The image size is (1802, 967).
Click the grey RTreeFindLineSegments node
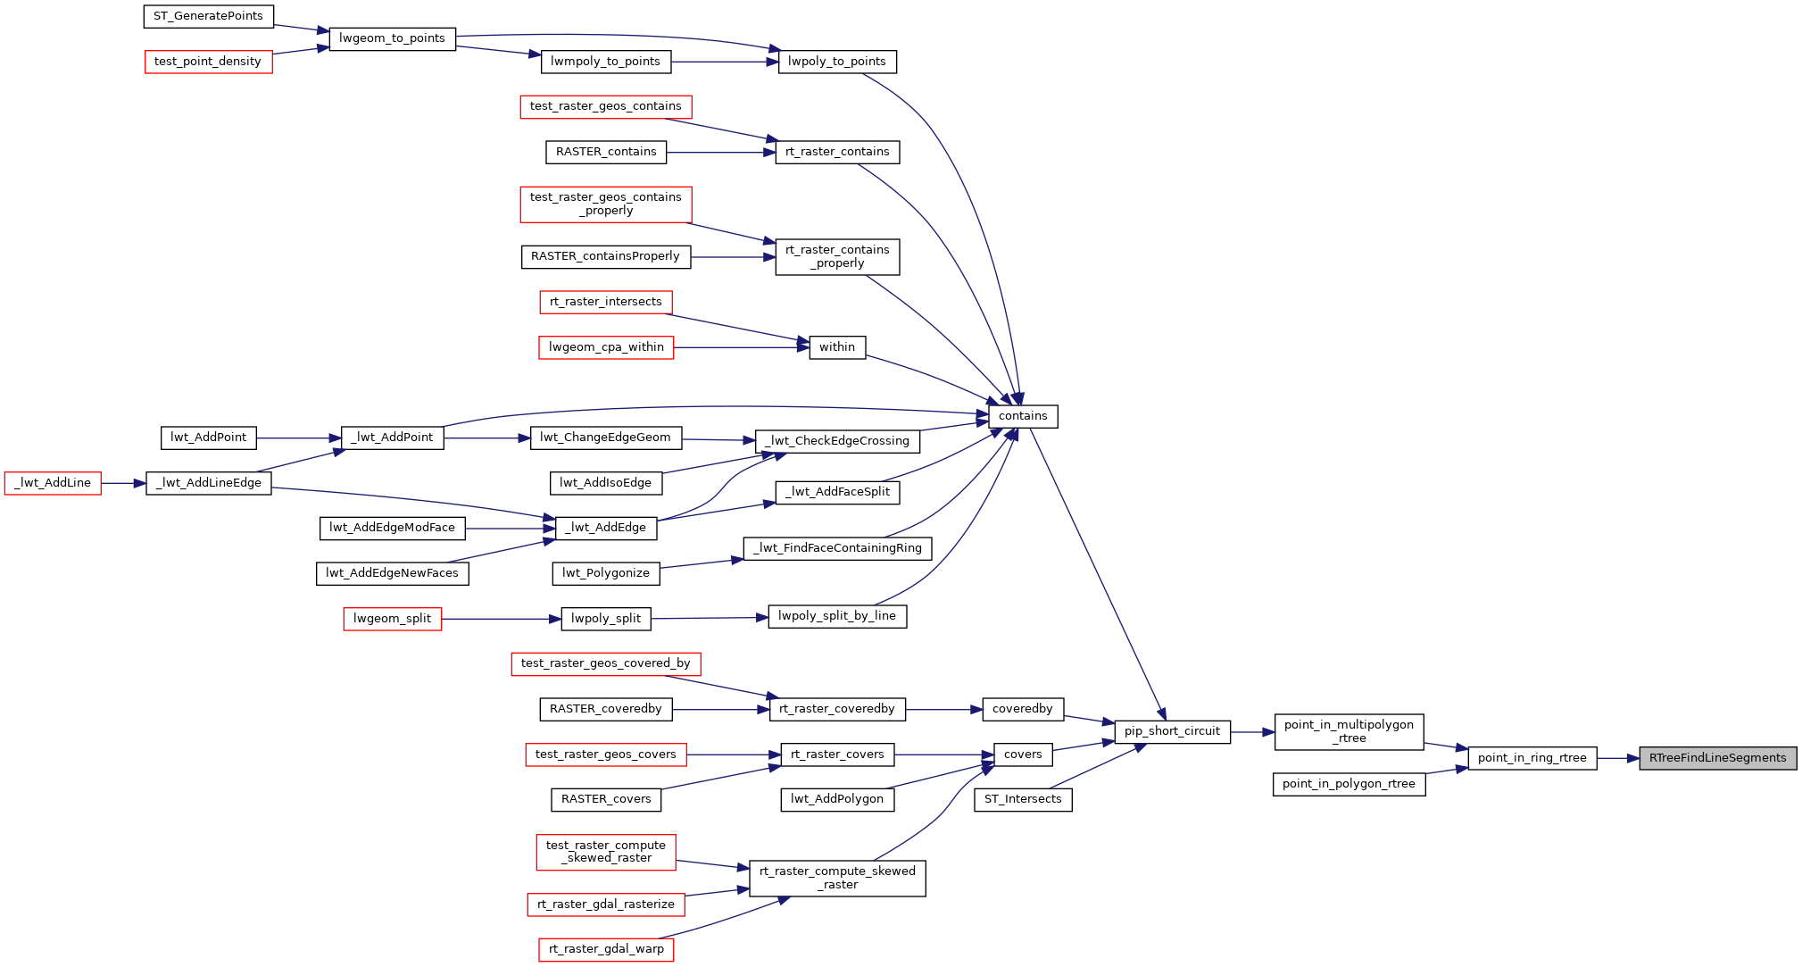pyautogui.click(x=1717, y=758)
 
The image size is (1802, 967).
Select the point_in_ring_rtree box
pyautogui.click(x=1532, y=758)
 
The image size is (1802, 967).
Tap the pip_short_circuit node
pyautogui.click(x=1172, y=731)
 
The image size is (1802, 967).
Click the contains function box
pyautogui.click(x=1023, y=416)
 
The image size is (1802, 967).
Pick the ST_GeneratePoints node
pyautogui.click(x=208, y=16)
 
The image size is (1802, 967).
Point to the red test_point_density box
pyautogui.click(x=208, y=62)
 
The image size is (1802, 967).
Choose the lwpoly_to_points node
pyautogui.click(x=837, y=62)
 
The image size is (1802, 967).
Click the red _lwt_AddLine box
pyautogui.click(x=53, y=483)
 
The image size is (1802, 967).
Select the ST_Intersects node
pyautogui.click(x=1023, y=799)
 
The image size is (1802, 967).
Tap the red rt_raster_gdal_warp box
pyautogui.click(x=606, y=949)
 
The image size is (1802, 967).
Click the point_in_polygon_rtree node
pyautogui.click(x=1349, y=784)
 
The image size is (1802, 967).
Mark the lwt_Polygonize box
pyautogui.click(x=606, y=573)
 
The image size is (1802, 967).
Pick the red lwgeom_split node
pyautogui.click(x=392, y=619)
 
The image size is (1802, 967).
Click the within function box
pyautogui.click(x=837, y=347)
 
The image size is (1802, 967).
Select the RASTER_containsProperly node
pyautogui.click(x=605, y=256)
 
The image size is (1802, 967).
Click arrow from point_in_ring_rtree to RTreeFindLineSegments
pyautogui.click(x=1617, y=758)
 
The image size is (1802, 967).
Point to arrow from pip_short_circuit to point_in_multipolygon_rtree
pyautogui.click(x=1252, y=731)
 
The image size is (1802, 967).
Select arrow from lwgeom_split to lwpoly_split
pyautogui.click(x=501, y=619)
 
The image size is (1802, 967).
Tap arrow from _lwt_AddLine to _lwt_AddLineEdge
pyautogui.click(x=123, y=483)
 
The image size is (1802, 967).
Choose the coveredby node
pyautogui.click(x=1023, y=709)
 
